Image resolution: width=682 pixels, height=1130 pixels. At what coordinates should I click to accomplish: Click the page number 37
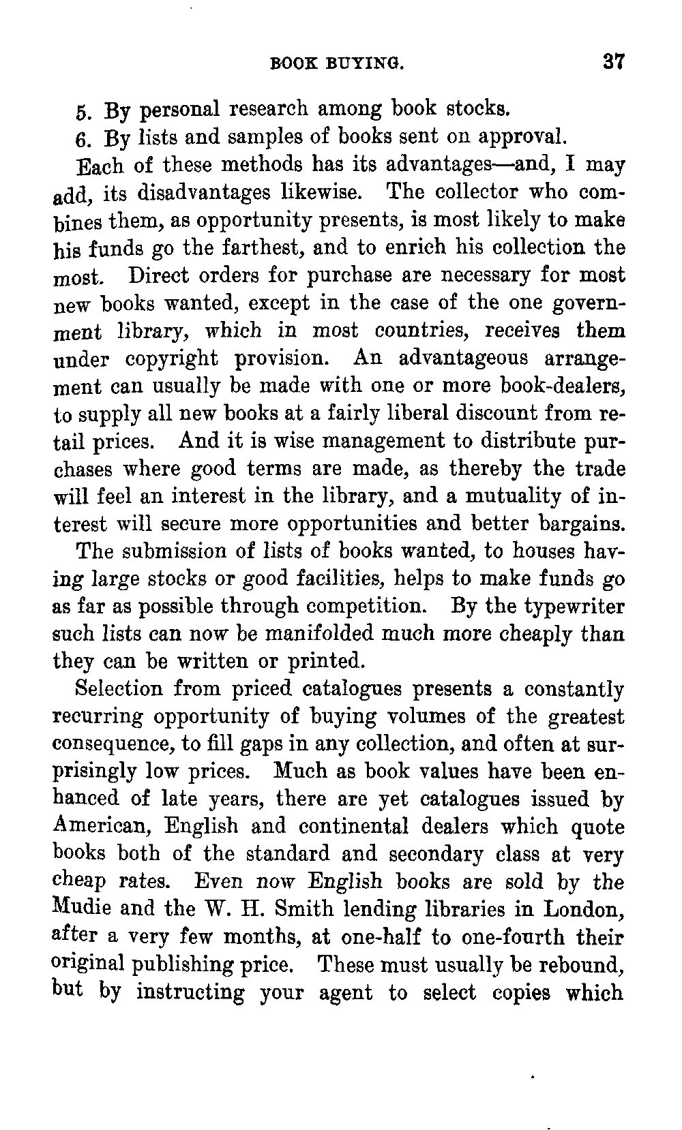pos(613,62)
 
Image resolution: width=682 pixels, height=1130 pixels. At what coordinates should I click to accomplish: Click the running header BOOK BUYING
pos(338,65)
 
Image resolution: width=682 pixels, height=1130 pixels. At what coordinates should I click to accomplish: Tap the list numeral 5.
pos(80,111)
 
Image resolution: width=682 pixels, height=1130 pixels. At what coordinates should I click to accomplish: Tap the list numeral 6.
pos(80,139)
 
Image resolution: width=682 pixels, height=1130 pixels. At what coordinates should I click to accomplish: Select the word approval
pos(524,138)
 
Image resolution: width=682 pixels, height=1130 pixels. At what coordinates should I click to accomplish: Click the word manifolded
pos(308,633)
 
